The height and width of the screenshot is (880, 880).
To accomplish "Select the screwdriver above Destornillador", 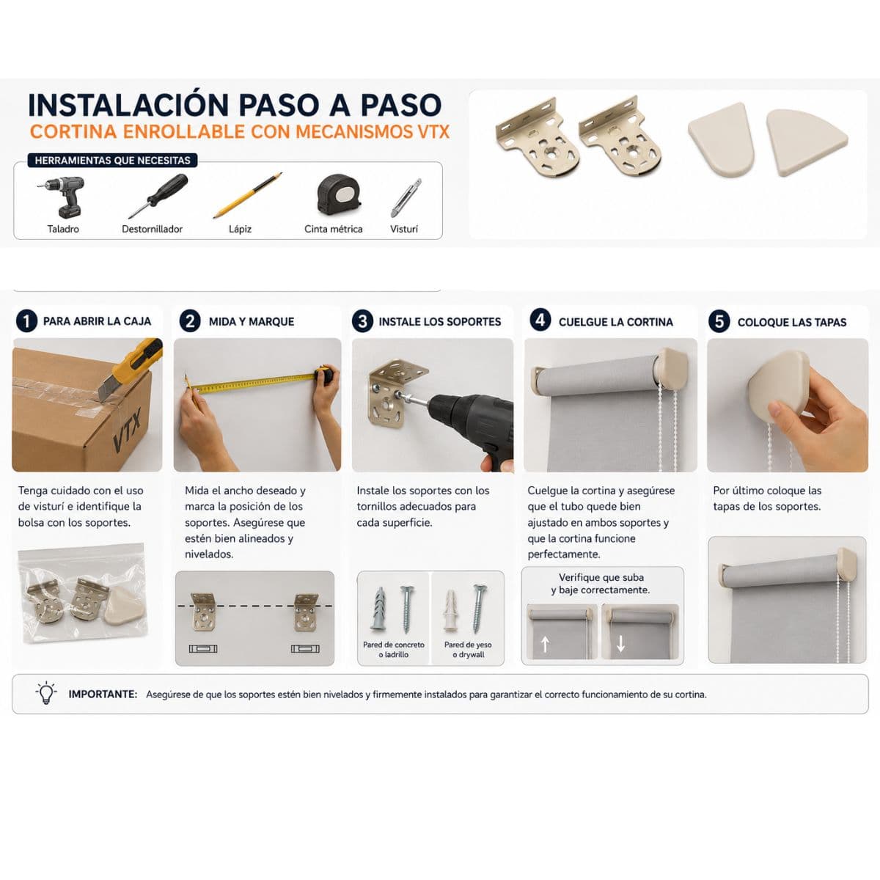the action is click(x=158, y=196).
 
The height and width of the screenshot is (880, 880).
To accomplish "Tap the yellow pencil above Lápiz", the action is click(x=248, y=195).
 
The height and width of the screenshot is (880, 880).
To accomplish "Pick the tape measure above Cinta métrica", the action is click(x=339, y=194).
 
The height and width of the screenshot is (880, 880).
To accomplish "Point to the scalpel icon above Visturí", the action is click(x=406, y=198).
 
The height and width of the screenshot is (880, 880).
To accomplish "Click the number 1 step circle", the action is click(x=26, y=321).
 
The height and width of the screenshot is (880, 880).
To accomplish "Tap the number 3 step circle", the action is click(x=362, y=321).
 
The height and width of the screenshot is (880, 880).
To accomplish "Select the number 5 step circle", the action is click(x=719, y=321).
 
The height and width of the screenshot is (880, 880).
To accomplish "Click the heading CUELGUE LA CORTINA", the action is click(x=615, y=322).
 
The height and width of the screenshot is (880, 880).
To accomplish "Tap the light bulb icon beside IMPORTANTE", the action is click(x=46, y=693).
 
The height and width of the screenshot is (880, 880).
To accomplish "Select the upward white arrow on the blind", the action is click(x=545, y=645).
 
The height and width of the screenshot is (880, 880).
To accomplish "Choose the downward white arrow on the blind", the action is click(x=620, y=644).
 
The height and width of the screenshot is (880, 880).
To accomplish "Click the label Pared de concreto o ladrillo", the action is click(x=394, y=650).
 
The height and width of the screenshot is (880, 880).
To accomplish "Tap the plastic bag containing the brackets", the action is click(x=83, y=593).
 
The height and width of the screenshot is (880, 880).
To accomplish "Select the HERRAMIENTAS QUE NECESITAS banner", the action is click(x=112, y=161).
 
